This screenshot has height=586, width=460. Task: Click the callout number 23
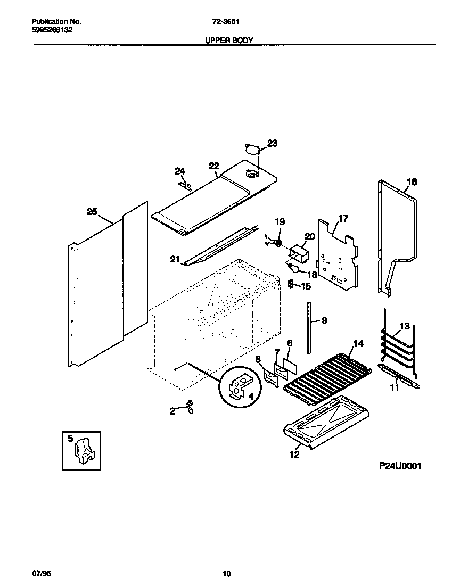(272, 143)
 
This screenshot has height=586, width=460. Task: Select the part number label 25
(92, 212)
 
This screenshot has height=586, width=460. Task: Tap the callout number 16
(412, 182)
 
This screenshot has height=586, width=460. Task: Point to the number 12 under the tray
(294, 454)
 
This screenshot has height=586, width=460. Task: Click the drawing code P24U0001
(400, 466)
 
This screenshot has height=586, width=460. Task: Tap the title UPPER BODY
(229, 40)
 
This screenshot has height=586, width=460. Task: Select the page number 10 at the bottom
(227, 573)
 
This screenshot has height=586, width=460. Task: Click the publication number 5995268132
(52, 30)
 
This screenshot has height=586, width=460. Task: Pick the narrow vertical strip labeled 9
(308, 326)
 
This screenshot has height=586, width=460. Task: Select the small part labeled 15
(291, 285)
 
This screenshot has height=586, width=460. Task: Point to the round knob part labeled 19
(278, 243)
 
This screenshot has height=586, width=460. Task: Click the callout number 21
(175, 259)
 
